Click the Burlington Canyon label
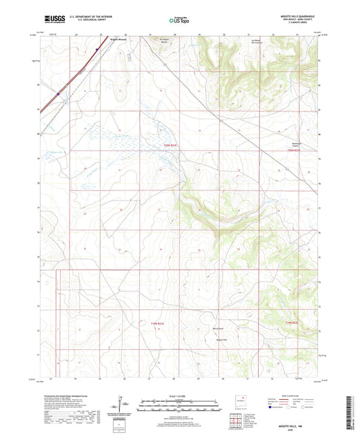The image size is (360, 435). [296, 143]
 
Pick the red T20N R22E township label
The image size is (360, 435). [295, 151]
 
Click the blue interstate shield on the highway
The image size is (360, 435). [59, 94]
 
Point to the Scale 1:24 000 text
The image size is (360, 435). [179, 395]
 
